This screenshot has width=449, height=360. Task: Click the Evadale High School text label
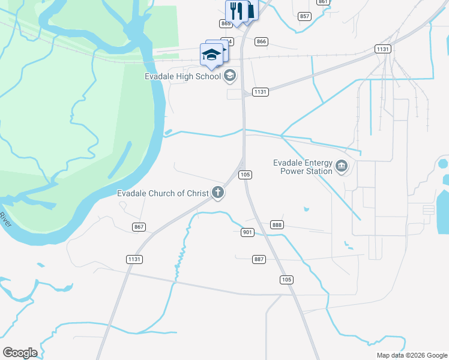(x=183, y=76)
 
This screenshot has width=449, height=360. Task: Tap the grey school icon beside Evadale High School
(x=229, y=76)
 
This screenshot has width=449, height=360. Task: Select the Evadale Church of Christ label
(x=162, y=193)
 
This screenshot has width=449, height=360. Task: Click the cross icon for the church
(x=218, y=193)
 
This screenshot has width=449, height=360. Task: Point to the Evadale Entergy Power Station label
(x=303, y=167)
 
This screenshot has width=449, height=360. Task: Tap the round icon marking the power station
(x=342, y=166)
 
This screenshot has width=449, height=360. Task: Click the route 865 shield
(x=226, y=23)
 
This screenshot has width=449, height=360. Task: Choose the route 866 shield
(x=261, y=41)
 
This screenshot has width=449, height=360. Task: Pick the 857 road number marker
(x=304, y=16)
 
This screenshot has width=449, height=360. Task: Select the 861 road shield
(x=324, y=2)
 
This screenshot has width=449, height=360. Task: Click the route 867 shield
(x=139, y=226)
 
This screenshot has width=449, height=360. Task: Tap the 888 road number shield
(x=277, y=224)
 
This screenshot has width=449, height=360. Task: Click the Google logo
(x=20, y=353)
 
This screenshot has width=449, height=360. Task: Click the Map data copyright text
(x=411, y=355)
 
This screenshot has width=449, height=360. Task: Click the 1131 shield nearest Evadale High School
(x=260, y=92)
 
